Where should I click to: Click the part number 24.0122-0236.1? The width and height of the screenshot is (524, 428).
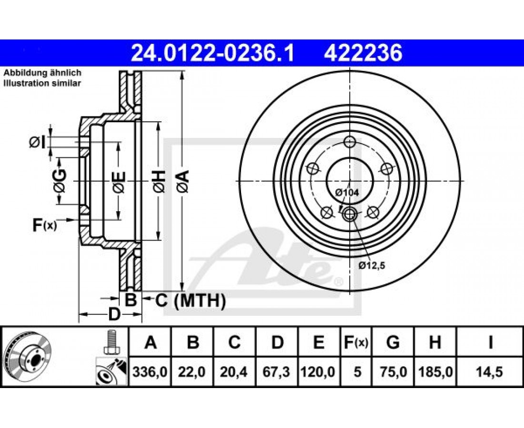(x=212, y=53)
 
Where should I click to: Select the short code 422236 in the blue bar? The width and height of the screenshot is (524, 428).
(x=363, y=53)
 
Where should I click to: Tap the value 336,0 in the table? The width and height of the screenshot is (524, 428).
(x=150, y=371)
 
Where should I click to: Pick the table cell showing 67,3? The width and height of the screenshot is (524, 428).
(x=277, y=371)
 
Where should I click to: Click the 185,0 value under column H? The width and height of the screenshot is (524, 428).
(x=435, y=371)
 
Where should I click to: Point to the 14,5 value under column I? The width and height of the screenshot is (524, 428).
(x=490, y=371)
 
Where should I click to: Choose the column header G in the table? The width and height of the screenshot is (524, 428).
(x=393, y=342)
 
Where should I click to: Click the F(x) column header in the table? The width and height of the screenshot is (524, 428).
(x=356, y=342)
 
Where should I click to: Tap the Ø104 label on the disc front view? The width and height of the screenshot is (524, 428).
(x=347, y=193)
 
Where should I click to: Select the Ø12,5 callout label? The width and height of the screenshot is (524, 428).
(x=372, y=265)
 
